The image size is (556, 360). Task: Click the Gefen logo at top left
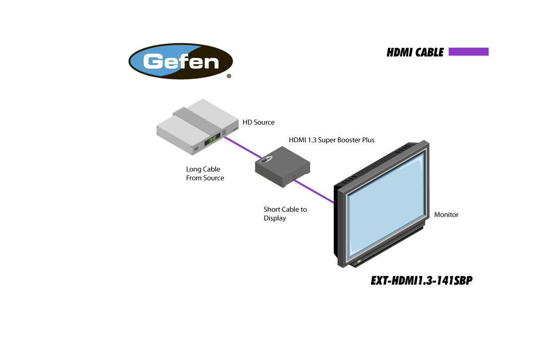point(181,61)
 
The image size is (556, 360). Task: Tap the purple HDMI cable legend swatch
point(468,52)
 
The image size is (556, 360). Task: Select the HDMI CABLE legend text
point(415,53)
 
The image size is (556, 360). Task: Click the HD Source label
point(258,122)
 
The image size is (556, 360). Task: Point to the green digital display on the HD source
point(212,140)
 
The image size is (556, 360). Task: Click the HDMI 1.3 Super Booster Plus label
point(332,140)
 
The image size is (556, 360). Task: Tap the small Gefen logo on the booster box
point(266,159)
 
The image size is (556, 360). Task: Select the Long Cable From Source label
point(205,174)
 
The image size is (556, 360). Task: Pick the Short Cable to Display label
point(285,214)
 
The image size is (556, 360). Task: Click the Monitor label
point(446,215)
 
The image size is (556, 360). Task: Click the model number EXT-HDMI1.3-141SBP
point(422,281)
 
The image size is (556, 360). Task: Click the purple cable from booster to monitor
point(313,191)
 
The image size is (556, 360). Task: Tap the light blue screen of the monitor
point(386,205)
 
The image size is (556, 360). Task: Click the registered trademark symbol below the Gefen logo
point(228,76)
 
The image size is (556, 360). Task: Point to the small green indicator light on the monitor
point(359,261)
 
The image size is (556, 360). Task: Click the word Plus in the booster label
point(367,140)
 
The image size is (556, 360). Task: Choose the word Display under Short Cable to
point(275,218)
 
